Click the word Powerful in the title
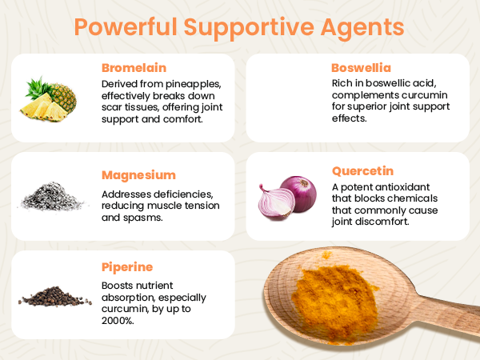coord(126,27)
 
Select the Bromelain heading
coord(134,68)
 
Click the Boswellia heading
coord(362,68)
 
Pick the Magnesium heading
coord(138,175)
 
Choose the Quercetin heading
coord(362,171)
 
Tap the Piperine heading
coord(127,267)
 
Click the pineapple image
coord(48,99)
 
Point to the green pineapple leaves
coord(38,88)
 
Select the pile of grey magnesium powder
coord(52,197)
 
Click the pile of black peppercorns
coord(54,296)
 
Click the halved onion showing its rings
coord(276,202)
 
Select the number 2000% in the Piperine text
coord(118,321)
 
